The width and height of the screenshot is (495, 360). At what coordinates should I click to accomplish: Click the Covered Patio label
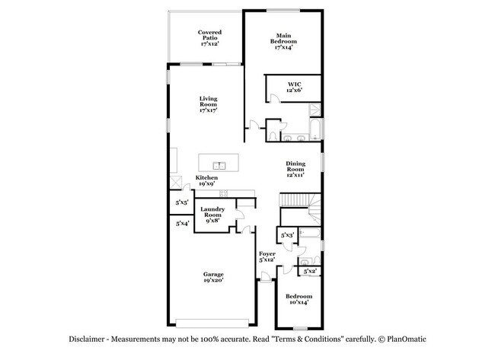pyautogui.click(x=209, y=38)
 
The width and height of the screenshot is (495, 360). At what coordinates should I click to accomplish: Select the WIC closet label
pyautogui.click(x=294, y=88)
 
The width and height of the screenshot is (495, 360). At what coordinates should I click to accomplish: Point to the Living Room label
pyautogui.click(x=209, y=104)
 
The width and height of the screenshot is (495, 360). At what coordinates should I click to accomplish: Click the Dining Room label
pyautogui.click(x=295, y=169)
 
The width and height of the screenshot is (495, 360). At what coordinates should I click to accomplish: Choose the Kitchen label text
pyautogui.click(x=206, y=180)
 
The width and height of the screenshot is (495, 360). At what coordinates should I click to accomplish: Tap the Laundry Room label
pyautogui.click(x=212, y=215)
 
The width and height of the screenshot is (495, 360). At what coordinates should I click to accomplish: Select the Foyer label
pyautogui.click(x=267, y=256)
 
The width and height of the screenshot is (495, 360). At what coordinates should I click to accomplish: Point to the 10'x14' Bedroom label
pyautogui.click(x=299, y=300)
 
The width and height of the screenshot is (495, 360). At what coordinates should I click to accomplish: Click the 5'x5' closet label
pyautogui.click(x=182, y=203)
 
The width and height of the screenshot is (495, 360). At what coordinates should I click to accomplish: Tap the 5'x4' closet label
pyautogui.click(x=182, y=224)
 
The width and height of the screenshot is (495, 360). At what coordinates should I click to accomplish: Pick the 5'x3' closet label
pyautogui.click(x=287, y=236)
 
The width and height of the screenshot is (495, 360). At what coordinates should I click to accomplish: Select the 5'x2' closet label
pyautogui.click(x=310, y=272)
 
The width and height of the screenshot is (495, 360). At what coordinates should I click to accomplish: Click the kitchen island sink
pyautogui.click(x=219, y=164)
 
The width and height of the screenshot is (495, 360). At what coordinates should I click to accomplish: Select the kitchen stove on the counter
pyautogui.click(x=176, y=183)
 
